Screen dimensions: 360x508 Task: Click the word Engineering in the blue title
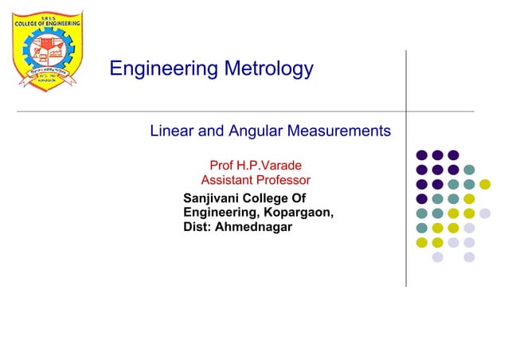click(161, 70)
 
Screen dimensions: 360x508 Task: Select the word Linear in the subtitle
click(171, 131)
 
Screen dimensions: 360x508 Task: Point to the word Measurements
click(343, 131)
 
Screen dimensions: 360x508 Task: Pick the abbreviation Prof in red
click(221, 166)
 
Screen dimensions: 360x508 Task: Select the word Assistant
click(225, 181)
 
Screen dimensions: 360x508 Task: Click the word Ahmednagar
click(254, 227)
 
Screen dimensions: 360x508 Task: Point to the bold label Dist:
click(197, 227)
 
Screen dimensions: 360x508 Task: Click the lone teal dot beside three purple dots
click(469, 170)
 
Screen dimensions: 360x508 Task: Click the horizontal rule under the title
click(239, 112)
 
